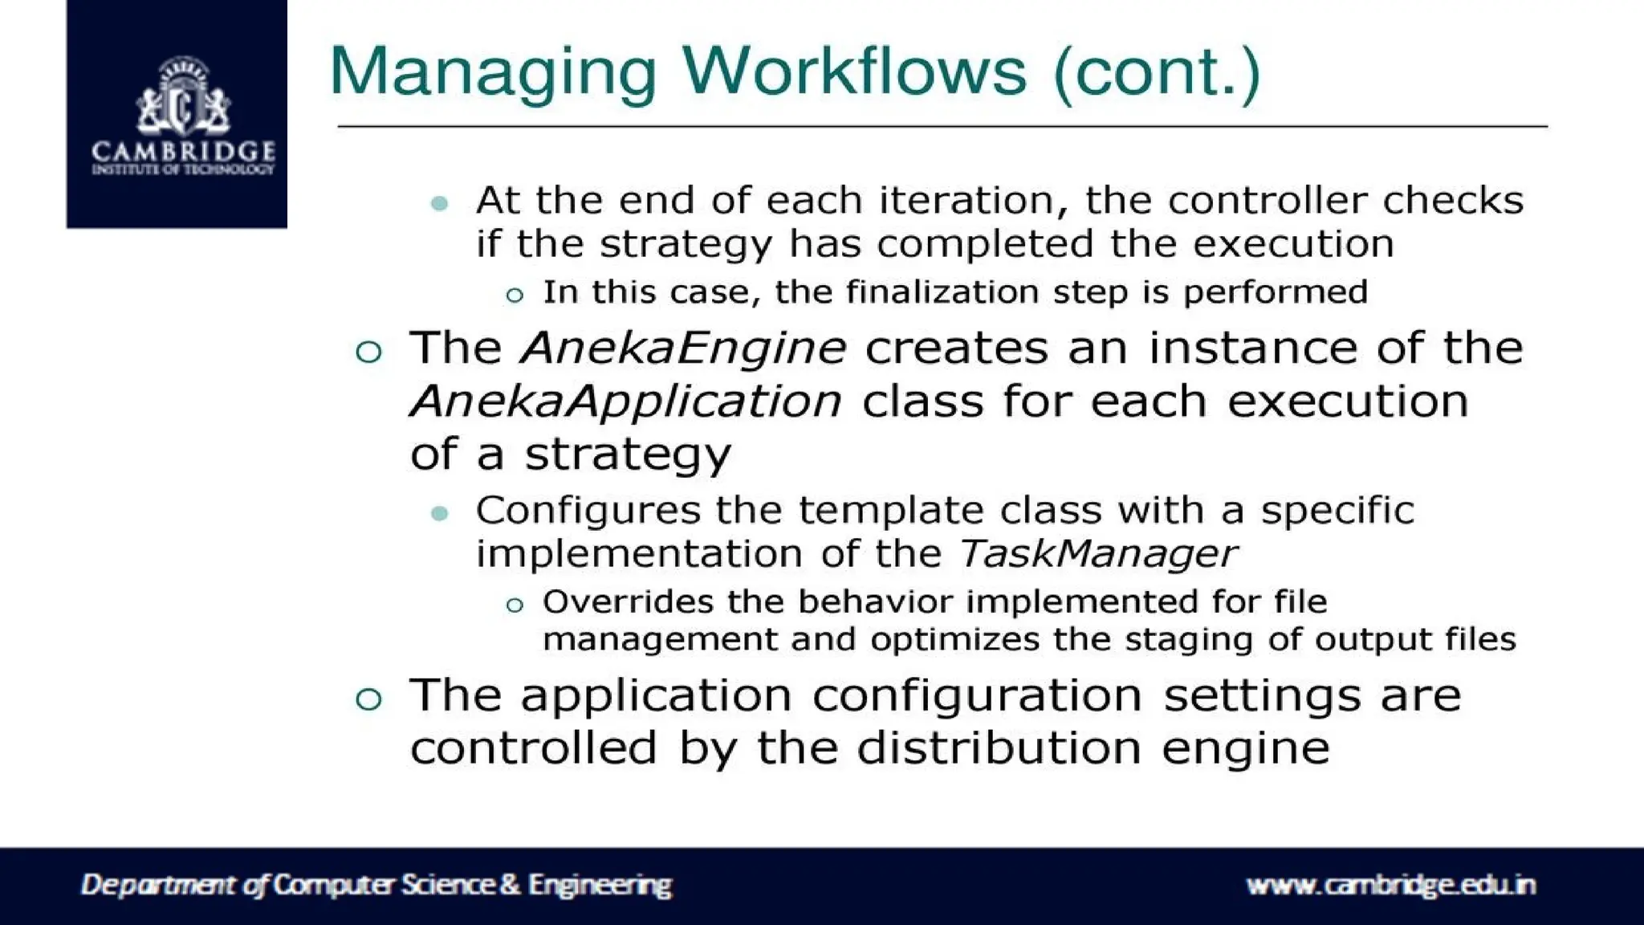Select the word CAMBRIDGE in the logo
183,150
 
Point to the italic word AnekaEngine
683,348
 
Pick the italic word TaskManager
1097,554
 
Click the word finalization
942,292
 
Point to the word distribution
999,748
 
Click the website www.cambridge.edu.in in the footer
1390,885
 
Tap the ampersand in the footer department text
510,885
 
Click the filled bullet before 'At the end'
439,202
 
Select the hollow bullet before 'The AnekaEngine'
368,352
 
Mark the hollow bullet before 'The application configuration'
368,699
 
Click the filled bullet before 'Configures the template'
439,513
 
